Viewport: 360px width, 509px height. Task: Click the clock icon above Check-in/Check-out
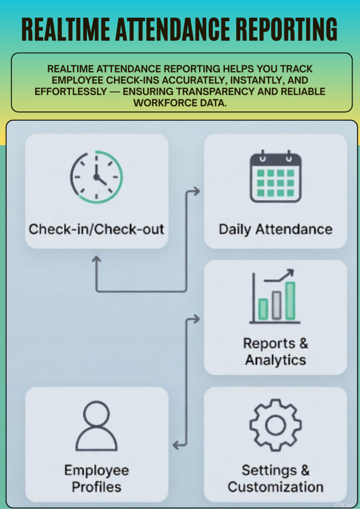[x=96, y=177]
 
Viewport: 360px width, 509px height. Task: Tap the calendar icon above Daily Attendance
[x=275, y=176]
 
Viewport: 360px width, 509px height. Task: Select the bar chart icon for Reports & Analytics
[x=275, y=297]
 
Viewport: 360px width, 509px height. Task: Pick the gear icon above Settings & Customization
[x=275, y=425]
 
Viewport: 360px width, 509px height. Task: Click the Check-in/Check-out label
[x=96, y=229]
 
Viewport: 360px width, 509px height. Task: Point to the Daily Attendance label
[x=275, y=229]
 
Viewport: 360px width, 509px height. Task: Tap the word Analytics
[x=275, y=360]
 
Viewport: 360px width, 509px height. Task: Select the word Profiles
[x=96, y=487]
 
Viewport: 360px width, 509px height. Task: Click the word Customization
[x=275, y=487]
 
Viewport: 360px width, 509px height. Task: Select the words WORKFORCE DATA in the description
[x=180, y=103]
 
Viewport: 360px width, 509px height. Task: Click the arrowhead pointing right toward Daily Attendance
[x=196, y=191]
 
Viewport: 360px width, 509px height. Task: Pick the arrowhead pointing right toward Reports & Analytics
[x=196, y=319]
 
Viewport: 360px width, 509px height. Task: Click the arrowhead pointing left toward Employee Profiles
[x=176, y=445]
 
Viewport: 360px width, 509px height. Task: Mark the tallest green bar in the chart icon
[x=290, y=301]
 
